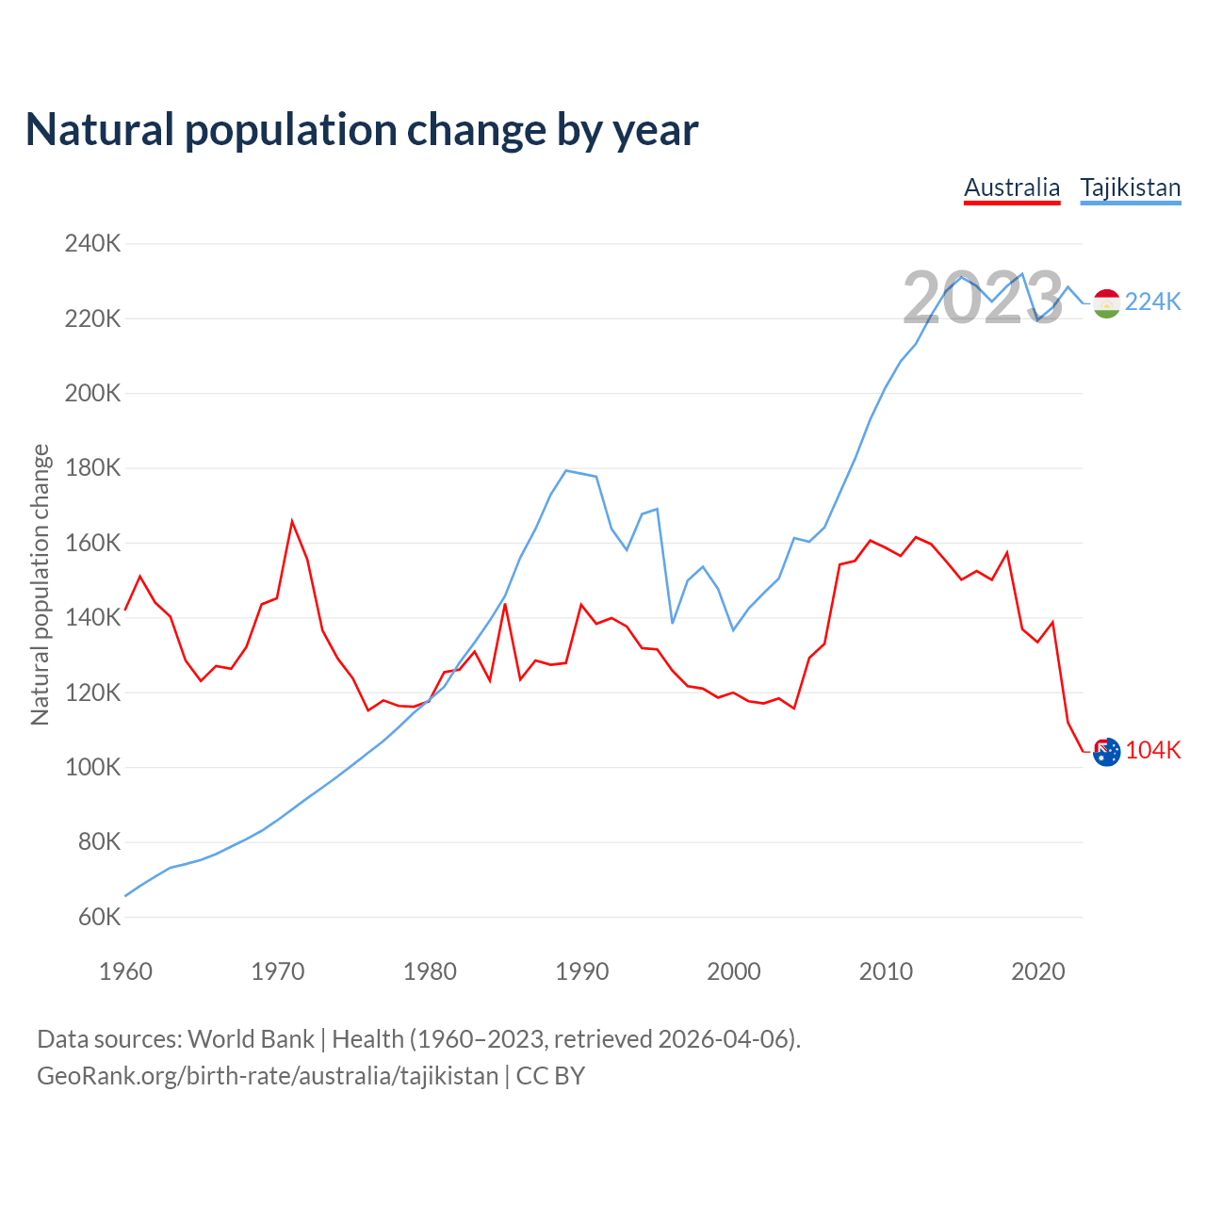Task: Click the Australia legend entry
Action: click(1012, 187)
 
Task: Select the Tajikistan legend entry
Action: click(1130, 187)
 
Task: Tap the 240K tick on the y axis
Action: click(92, 244)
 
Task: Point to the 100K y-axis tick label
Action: click(92, 767)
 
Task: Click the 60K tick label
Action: click(98, 917)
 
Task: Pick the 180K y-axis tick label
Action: click(92, 468)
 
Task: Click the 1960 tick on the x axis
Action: click(125, 971)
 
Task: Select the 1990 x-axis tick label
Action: click(581, 971)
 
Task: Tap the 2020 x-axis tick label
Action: click(1037, 971)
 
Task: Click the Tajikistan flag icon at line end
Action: click(1106, 303)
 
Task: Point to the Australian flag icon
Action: click(1106, 752)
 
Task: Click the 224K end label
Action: click(1152, 301)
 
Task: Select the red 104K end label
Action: click(1152, 750)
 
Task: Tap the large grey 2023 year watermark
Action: click(983, 298)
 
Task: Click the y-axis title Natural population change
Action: click(41, 584)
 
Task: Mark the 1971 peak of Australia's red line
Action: click(292, 521)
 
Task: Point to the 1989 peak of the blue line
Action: click(565, 470)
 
